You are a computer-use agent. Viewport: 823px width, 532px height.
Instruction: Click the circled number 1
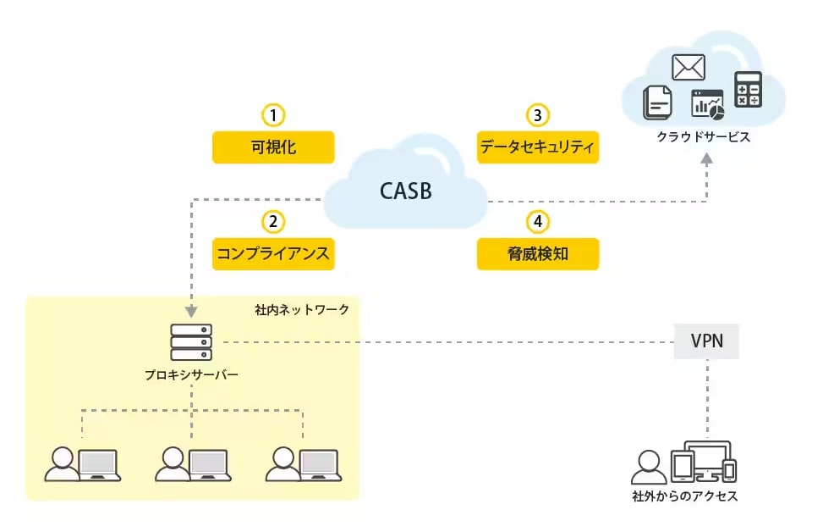pyautogui.click(x=273, y=114)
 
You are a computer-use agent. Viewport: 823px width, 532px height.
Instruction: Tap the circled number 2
pyautogui.click(x=273, y=221)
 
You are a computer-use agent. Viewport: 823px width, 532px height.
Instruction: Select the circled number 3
pyautogui.click(x=537, y=114)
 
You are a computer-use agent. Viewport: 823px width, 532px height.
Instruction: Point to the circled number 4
pyautogui.click(x=537, y=221)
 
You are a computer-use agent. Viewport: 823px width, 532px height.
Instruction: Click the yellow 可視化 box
pyautogui.click(x=273, y=147)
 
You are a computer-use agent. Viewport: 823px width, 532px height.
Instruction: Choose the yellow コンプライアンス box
pyautogui.click(x=273, y=254)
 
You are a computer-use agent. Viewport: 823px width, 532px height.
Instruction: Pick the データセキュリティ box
pyautogui.click(x=537, y=147)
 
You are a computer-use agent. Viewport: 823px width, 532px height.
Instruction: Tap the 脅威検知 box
pyautogui.click(x=537, y=254)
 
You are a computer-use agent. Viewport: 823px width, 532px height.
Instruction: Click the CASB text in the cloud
pyautogui.click(x=406, y=191)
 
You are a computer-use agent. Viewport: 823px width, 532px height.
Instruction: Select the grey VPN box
pyautogui.click(x=706, y=341)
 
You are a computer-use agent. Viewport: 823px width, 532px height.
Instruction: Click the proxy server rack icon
pyautogui.click(x=191, y=342)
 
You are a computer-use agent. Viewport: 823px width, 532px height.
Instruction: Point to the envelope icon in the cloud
pyautogui.click(x=689, y=67)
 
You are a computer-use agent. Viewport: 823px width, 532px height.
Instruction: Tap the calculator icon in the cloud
pyautogui.click(x=748, y=89)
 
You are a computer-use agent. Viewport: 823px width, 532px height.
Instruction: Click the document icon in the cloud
pyautogui.click(x=657, y=103)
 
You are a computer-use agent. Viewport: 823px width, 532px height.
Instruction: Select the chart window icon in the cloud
pyautogui.click(x=707, y=104)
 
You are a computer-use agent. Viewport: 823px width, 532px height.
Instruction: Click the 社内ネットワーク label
pyautogui.click(x=302, y=310)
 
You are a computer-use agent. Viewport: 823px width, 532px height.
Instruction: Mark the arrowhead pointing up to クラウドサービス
pyautogui.click(x=706, y=158)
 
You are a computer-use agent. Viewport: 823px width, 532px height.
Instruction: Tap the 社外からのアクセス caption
pyautogui.click(x=685, y=496)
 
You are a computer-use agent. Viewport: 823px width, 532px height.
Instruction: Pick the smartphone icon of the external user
pyautogui.click(x=729, y=470)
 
